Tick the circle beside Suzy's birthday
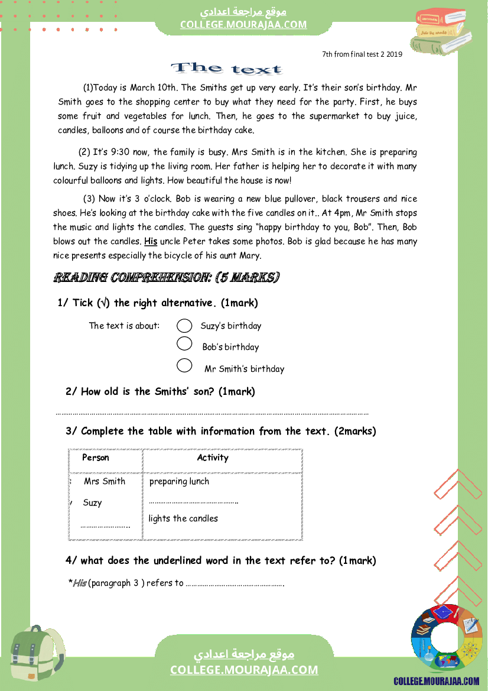tap(184, 326)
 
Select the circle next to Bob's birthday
tap(184, 343)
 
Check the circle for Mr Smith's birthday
tap(184, 365)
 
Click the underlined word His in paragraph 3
tap(151, 241)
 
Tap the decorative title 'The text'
tap(226, 69)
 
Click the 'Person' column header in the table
tap(96, 458)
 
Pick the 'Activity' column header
tap(213, 458)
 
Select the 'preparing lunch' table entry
tap(179, 481)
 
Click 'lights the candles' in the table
tap(183, 518)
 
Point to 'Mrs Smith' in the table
tap(105, 481)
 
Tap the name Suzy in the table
tap(92, 503)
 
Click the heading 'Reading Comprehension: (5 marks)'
tap(167, 277)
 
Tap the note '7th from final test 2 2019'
tap(362, 54)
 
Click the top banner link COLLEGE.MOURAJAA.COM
tap(243, 24)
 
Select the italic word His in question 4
tap(79, 583)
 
